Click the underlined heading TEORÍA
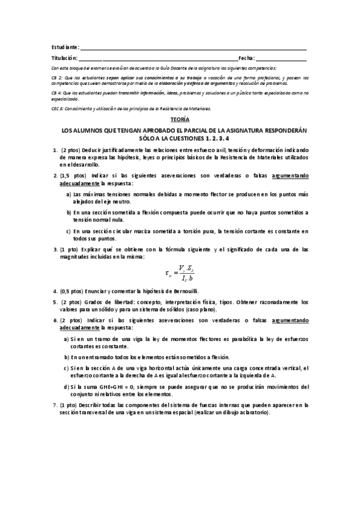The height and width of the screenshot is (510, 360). pos(180,120)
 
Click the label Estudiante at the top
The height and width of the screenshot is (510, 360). pos(64,47)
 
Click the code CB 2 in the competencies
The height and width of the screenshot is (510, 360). pos(56,78)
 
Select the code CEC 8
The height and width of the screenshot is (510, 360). pos(58,109)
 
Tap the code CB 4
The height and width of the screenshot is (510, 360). pos(56,94)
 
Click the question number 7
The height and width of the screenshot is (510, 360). pos(55,405)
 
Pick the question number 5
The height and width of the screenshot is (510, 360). pos(55,301)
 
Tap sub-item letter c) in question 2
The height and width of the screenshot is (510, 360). pos(69,230)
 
